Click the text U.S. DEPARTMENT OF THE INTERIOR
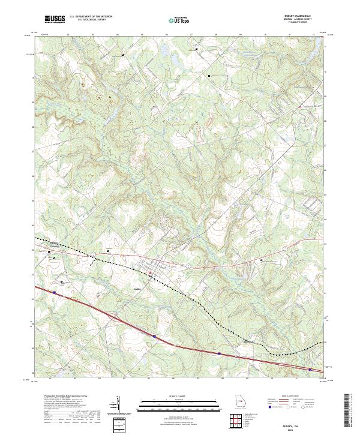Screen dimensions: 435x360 [91, 17]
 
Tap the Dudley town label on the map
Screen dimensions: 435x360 [137, 289]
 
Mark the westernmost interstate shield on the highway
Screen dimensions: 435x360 [54, 293]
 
